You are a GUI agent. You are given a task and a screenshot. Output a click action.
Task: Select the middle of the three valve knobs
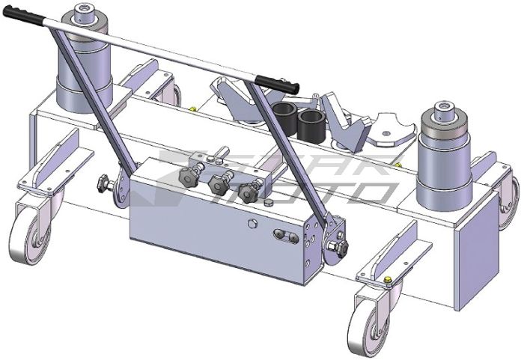pyautogui.click(x=219, y=182)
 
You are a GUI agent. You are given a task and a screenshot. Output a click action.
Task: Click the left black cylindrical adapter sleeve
pyautogui.click(x=284, y=118)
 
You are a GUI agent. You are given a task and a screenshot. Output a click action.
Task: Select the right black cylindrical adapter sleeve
pyautogui.click(x=311, y=124)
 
